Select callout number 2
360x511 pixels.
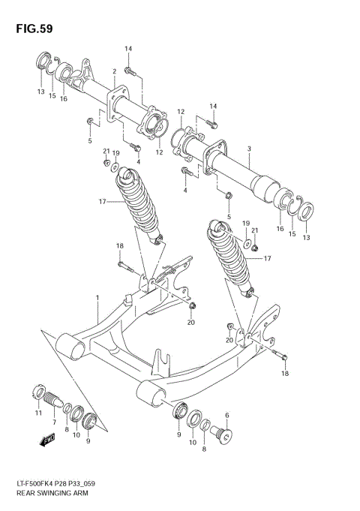coord(113,72)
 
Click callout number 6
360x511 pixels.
coord(227,415)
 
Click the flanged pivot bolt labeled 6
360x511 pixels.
coord(224,434)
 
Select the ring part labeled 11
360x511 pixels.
coord(37,392)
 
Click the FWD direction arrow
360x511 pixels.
coord(48,440)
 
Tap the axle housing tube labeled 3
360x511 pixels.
coord(240,173)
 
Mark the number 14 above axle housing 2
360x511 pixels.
coord(128,49)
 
